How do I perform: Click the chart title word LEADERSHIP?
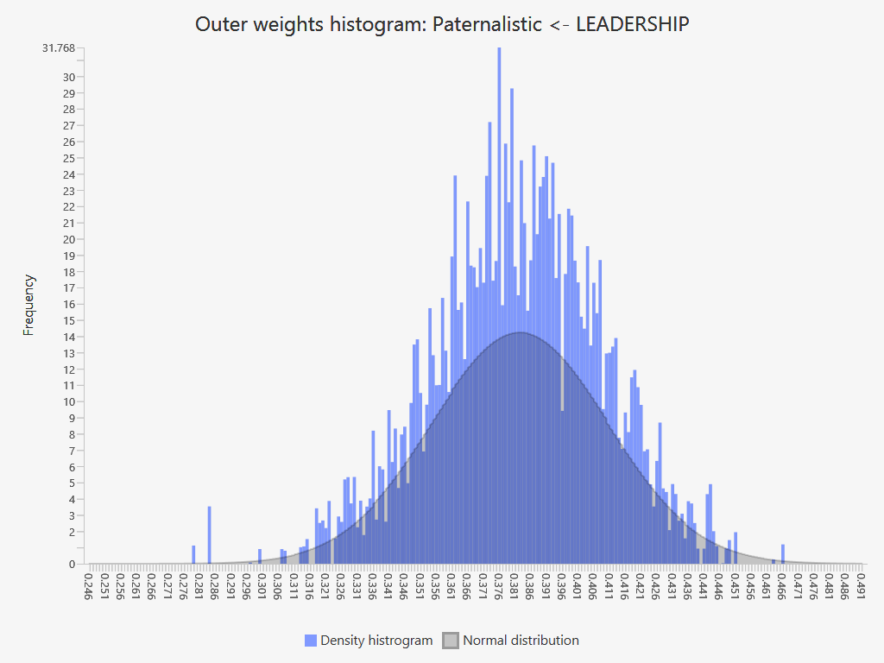pyautogui.click(x=632, y=24)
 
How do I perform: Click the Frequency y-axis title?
pyautogui.click(x=29, y=305)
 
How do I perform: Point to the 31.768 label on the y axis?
pyautogui.click(x=59, y=47)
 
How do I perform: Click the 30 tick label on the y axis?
pyautogui.click(x=69, y=77)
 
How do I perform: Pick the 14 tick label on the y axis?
pyautogui.click(x=69, y=337)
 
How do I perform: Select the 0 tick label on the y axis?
pyautogui.click(x=72, y=564)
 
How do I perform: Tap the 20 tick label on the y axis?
pyautogui.click(x=69, y=239)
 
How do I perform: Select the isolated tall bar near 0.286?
pyautogui.click(x=209, y=535)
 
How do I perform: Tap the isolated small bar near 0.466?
pyautogui.click(x=783, y=554)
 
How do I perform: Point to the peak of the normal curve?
pyautogui.click(x=521, y=333)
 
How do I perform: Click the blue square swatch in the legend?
pyautogui.click(x=311, y=641)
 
